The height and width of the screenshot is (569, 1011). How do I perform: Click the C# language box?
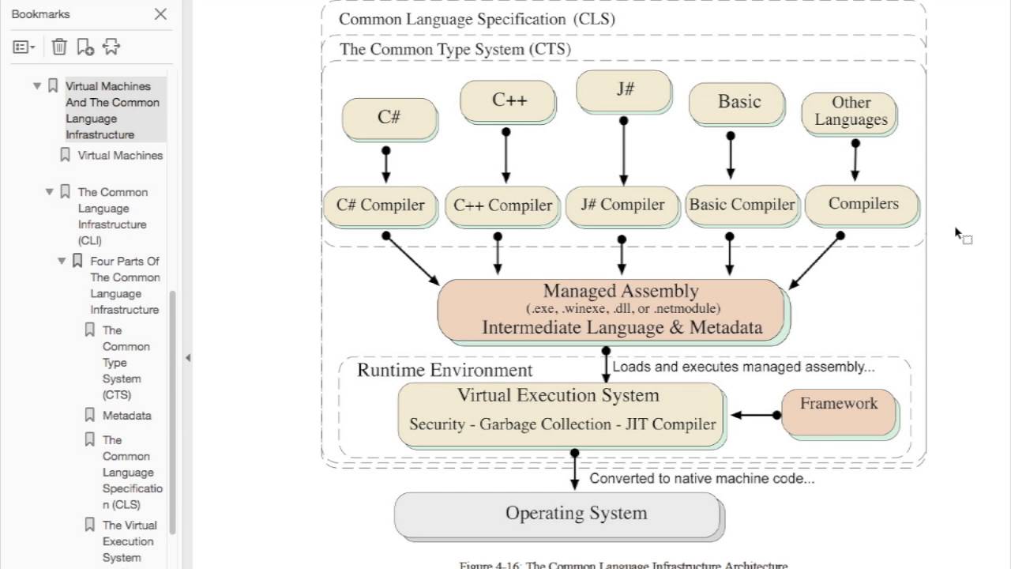(389, 118)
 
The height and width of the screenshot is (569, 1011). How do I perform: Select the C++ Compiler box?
(502, 205)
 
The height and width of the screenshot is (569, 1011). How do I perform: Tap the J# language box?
(624, 89)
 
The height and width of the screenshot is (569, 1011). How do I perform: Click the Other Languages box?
(850, 111)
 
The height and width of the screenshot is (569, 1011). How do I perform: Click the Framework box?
(839, 411)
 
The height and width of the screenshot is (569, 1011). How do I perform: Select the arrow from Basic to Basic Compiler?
(731, 156)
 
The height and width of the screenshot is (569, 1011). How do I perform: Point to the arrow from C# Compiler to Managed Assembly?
(412, 258)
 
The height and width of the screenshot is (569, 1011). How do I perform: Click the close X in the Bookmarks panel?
(160, 14)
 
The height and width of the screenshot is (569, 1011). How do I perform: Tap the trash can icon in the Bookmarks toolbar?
(59, 47)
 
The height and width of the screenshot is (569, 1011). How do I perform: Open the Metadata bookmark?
(126, 416)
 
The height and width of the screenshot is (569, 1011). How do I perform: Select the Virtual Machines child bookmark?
(120, 156)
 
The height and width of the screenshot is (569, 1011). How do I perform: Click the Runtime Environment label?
(445, 371)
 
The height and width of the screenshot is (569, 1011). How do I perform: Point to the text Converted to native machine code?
(701, 478)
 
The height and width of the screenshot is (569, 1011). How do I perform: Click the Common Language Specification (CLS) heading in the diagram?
(476, 19)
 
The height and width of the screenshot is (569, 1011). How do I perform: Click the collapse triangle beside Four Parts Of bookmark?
(62, 261)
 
